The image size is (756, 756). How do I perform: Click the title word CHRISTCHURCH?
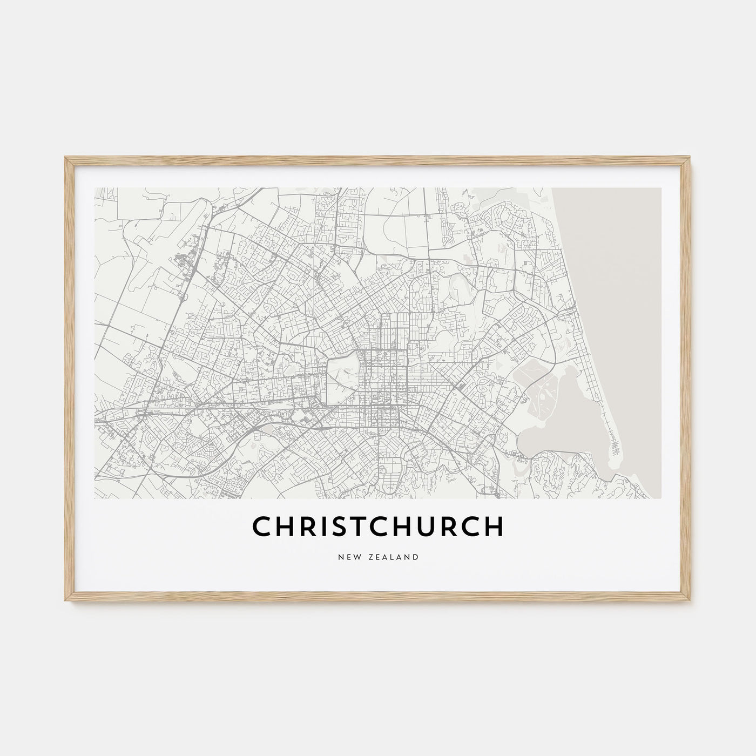(377, 526)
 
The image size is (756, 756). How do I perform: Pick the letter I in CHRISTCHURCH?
(324, 526)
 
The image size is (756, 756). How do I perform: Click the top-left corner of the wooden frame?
(65, 158)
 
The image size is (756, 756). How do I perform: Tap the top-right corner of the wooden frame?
(691, 158)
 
